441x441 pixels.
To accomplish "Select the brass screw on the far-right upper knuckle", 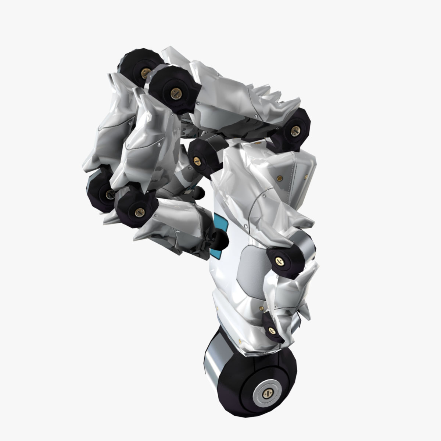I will pyautogui.click(x=295, y=130).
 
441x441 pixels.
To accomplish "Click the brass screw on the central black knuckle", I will pyautogui.click(x=197, y=160).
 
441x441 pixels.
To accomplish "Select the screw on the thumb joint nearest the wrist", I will pyautogui.click(x=272, y=330).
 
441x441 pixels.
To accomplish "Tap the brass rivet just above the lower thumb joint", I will pyautogui.click(x=261, y=308).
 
